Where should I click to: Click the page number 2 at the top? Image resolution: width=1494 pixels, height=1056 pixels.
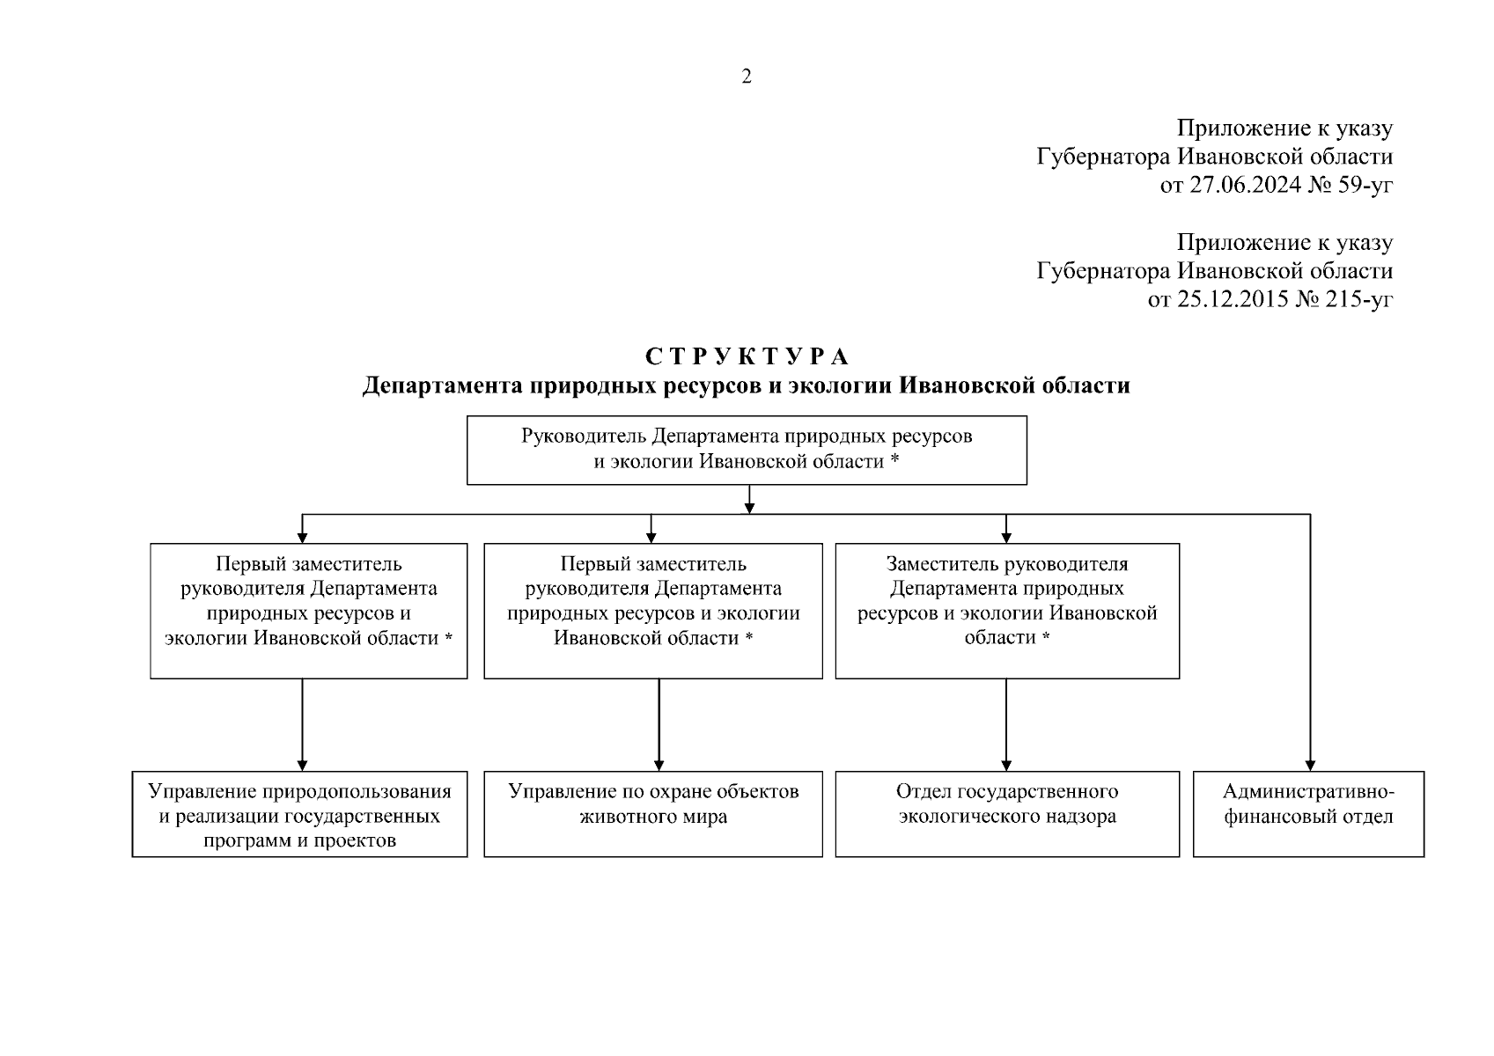tap(747, 77)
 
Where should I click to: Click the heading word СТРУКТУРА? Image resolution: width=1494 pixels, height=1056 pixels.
tap(747, 357)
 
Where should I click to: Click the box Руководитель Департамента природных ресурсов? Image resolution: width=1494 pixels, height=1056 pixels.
tap(747, 450)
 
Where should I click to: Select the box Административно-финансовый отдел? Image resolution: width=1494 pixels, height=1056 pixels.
tap(1308, 813)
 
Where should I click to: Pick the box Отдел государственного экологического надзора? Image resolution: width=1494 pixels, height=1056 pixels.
tap(1006, 813)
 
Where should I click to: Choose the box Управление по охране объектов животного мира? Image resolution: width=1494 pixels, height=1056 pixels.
tap(653, 813)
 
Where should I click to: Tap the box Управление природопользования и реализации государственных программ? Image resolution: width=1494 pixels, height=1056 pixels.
tap(299, 813)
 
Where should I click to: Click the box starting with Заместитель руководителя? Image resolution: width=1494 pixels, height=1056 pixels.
tap(1006, 610)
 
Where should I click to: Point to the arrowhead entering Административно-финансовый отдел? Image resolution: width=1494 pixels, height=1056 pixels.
tap(1310, 766)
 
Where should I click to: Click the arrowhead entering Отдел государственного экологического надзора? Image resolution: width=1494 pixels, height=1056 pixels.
tap(1006, 766)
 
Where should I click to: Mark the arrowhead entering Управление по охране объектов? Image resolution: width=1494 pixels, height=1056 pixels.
tap(659, 766)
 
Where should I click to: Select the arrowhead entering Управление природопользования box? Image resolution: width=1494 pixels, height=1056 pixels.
tap(302, 766)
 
